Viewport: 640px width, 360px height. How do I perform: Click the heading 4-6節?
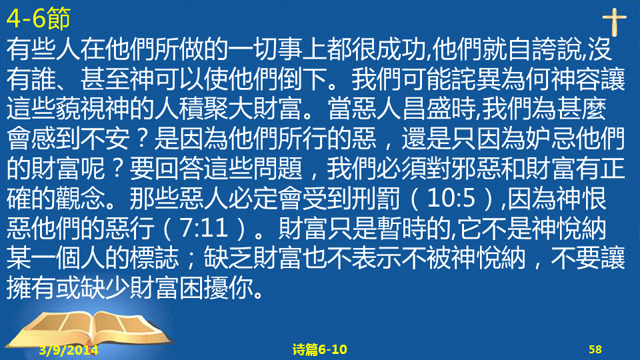tap(39, 19)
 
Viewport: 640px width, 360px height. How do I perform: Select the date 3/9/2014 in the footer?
tap(69, 350)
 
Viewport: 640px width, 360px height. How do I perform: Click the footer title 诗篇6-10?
tap(319, 349)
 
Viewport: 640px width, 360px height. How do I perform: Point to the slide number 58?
tap(595, 349)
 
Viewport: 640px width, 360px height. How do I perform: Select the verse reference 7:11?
tap(204, 228)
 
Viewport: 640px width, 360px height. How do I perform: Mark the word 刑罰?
tap(377, 199)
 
